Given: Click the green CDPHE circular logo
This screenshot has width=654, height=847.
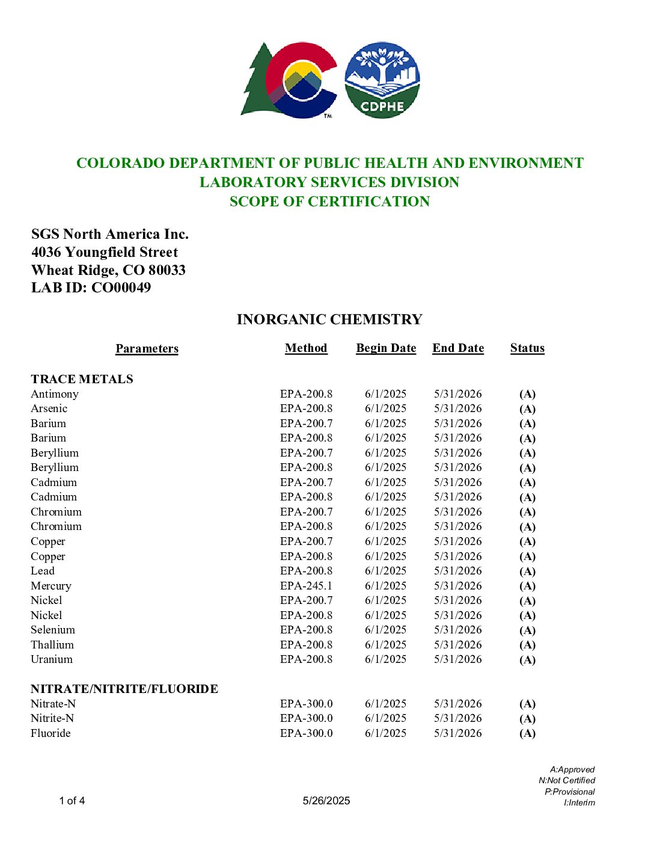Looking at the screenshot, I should click(382, 80).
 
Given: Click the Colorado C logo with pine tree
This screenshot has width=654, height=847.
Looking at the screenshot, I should click(289, 80).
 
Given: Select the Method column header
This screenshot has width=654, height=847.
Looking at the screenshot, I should click(306, 348).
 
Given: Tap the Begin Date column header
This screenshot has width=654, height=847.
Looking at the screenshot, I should click(386, 348).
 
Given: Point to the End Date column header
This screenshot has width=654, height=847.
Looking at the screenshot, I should click(458, 348).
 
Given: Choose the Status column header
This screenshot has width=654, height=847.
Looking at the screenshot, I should click(527, 348).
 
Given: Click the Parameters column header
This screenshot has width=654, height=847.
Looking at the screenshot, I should click(147, 349).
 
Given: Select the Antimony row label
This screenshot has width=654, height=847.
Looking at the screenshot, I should click(55, 394).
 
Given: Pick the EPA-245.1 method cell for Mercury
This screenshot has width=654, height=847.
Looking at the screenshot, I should click(306, 586).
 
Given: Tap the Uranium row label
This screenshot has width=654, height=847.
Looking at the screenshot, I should click(52, 659).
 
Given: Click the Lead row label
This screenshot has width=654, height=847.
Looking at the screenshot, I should click(43, 571).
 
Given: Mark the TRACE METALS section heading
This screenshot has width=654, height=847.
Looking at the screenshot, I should click(82, 379).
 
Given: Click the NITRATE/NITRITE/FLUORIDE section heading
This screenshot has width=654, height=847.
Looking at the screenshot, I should click(124, 689).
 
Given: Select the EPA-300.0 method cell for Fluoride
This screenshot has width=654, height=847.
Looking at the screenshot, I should click(306, 733).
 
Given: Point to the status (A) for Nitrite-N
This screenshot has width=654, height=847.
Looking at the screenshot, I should click(527, 719).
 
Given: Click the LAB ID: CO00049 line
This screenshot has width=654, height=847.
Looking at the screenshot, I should click(91, 288).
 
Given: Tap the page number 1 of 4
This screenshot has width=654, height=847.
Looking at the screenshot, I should click(72, 801).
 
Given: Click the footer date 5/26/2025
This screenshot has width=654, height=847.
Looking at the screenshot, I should click(326, 801).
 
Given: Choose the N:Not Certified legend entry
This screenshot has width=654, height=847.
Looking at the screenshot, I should click(567, 780).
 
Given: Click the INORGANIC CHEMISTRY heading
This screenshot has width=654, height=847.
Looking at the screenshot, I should click(329, 319).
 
